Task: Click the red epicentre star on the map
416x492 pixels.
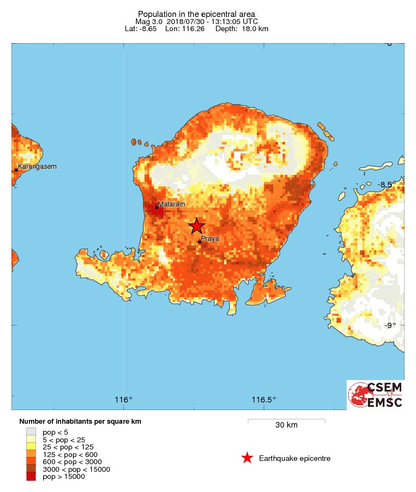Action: pyautogui.click(x=197, y=226)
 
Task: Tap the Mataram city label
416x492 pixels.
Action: pyautogui.click(x=171, y=204)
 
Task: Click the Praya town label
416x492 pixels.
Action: pyautogui.click(x=210, y=239)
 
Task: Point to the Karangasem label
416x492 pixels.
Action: pyautogui.click(x=37, y=167)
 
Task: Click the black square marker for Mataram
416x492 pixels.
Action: pyautogui.click(x=157, y=208)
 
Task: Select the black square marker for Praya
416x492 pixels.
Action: pyautogui.click(x=200, y=242)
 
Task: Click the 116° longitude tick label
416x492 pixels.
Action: pyautogui.click(x=124, y=400)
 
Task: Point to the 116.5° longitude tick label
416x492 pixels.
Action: pyautogui.click(x=263, y=400)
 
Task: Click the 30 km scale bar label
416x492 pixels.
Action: pyautogui.click(x=286, y=425)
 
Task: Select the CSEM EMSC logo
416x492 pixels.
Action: pyautogui.click(x=376, y=395)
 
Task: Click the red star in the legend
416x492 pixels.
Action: pyautogui.click(x=247, y=458)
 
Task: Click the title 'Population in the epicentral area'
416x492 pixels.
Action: pyautogui.click(x=197, y=14)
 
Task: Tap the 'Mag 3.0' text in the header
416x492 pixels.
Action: pyautogui.click(x=147, y=21)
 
